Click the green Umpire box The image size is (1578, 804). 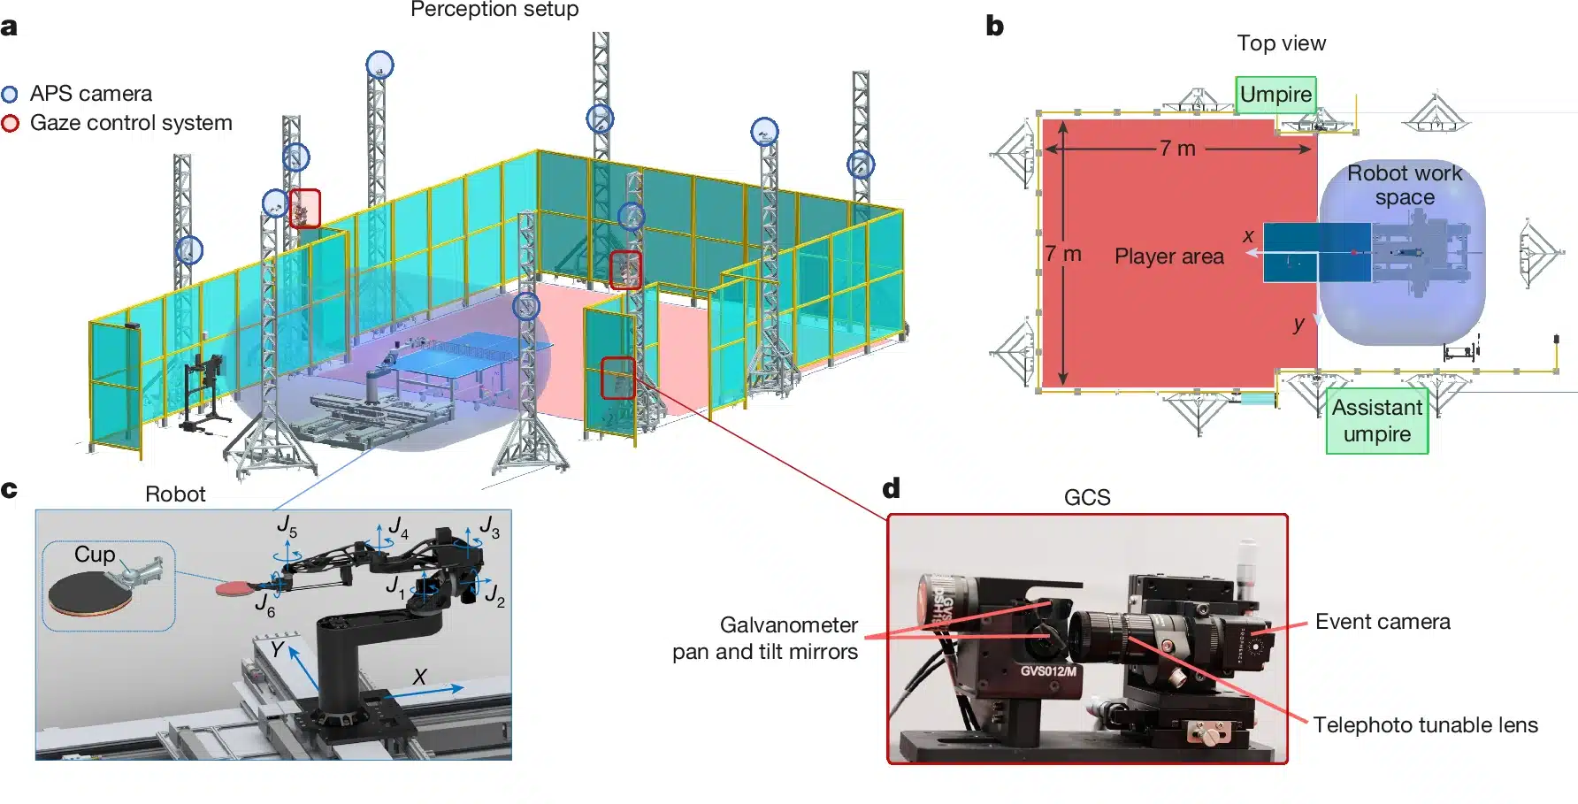pyautogui.click(x=1275, y=95)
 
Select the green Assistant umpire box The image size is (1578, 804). pyautogui.click(x=1376, y=421)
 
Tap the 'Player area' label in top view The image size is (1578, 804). pyautogui.click(x=1168, y=257)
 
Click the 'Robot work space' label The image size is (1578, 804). pyautogui.click(x=1405, y=185)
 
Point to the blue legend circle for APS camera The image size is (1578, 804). pyautogui.click(x=10, y=95)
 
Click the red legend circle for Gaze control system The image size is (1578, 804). pyautogui.click(x=10, y=124)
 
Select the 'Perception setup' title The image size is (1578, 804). pyautogui.click(x=494, y=10)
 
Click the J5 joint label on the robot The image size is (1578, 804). pyautogui.click(x=287, y=525)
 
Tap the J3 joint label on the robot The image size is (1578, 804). pyautogui.click(x=489, y=526)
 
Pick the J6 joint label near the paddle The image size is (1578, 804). pyautogui.click(x=264, y=605)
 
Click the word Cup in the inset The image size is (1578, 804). pyautogui.click(x=95, y=555)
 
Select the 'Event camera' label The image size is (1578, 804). pyautogui.click(x=1383, y=622)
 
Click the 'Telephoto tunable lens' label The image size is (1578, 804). pyautogui.click(x=1425, y=725)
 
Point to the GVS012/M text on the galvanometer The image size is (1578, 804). pyautogui.click(x=1048, y=671)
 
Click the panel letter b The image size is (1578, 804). pyautogui.click(x=995, y=27)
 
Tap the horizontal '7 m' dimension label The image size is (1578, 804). pyautogui.click(x=1177, y=149)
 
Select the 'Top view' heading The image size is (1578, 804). pyautogui.click(x=1281, y=43)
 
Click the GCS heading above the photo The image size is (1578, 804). pyautogui.click(x=1086, y=497)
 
